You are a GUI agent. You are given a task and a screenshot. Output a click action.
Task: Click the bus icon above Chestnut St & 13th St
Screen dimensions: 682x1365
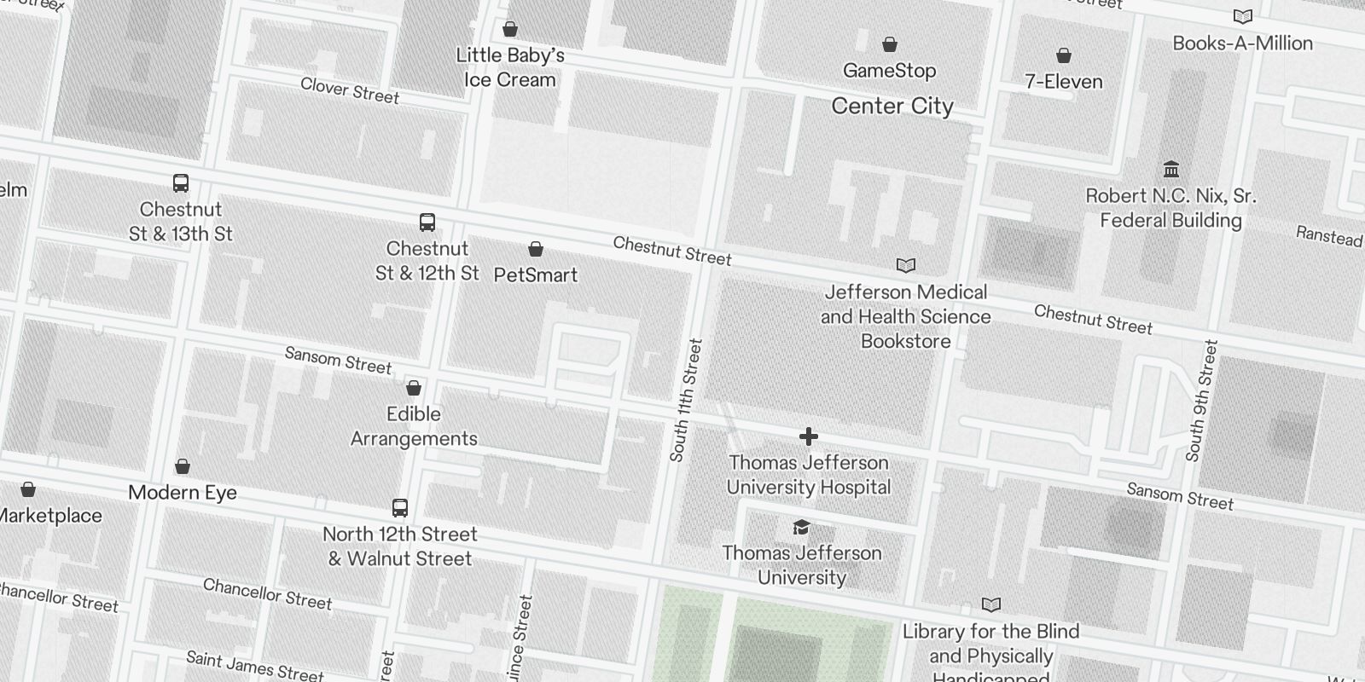point(181,182)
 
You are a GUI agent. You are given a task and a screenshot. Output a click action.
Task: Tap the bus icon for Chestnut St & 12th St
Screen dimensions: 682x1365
point(427,223)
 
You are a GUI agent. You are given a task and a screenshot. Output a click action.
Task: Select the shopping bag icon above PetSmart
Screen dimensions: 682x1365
point(536,249)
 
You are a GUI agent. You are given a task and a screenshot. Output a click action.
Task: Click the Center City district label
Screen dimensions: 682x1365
point(892,106)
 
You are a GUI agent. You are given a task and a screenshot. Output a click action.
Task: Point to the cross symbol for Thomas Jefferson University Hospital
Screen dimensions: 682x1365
point(809,436)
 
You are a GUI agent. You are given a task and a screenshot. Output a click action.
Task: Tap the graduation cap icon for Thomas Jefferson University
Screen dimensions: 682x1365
point(801,527)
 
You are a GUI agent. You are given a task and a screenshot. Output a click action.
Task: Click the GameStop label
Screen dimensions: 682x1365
point(889,71)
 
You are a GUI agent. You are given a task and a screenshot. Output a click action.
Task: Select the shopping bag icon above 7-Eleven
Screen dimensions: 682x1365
point(1064,55)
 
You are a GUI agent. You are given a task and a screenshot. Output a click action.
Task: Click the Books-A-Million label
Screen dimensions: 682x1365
point(1242,43)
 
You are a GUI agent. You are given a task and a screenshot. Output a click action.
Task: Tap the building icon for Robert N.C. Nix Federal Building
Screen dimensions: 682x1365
point(1171,169)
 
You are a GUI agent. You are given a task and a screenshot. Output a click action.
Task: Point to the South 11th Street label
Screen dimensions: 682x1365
point(687,401)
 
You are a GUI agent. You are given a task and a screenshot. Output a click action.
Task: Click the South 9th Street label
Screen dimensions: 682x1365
point(1201,401)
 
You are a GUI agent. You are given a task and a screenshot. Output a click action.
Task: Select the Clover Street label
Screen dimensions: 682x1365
point(350,90)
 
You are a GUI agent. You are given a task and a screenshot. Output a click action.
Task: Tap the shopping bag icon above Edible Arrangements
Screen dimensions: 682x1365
point(414,388)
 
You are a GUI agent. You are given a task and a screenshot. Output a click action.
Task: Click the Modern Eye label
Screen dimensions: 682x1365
point(183,492)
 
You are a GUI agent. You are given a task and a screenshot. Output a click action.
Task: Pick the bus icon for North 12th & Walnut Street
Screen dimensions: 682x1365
point(399,508)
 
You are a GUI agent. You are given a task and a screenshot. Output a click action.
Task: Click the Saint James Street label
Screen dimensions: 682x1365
point(254,666)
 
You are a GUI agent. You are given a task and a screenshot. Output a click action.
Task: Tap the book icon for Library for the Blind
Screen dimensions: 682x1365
point(990,604)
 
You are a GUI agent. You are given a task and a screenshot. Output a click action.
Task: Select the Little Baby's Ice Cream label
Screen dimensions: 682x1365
point(510,67)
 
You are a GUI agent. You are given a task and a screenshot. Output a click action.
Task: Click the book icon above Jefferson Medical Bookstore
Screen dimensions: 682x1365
point(905,266)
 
